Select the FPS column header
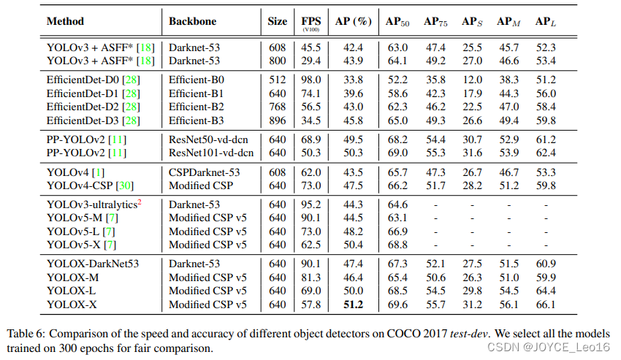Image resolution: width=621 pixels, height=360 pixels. [x=310, y=22]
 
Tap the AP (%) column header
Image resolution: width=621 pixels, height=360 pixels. [x=354, y=21]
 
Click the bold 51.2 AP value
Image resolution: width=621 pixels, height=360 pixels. [x=354, y=304]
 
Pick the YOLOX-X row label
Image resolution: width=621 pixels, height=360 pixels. [x=72, y=304]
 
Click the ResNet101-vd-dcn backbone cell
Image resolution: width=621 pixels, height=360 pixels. [x=211, y=152]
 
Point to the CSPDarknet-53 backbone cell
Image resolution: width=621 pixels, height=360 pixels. [x=204, y=172]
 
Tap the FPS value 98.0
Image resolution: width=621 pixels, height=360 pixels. [x=310, y=80]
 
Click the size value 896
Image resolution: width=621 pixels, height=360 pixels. [x=278, y=120]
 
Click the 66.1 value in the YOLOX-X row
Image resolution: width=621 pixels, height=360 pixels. [x=545, y=304]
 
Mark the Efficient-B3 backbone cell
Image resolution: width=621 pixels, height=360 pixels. [x=196, y=120]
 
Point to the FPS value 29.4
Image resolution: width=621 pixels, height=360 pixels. [x=310, y=60]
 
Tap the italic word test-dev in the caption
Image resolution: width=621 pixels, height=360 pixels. [x=468, y=332]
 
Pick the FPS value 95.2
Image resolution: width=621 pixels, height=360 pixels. [x=310, y=204]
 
